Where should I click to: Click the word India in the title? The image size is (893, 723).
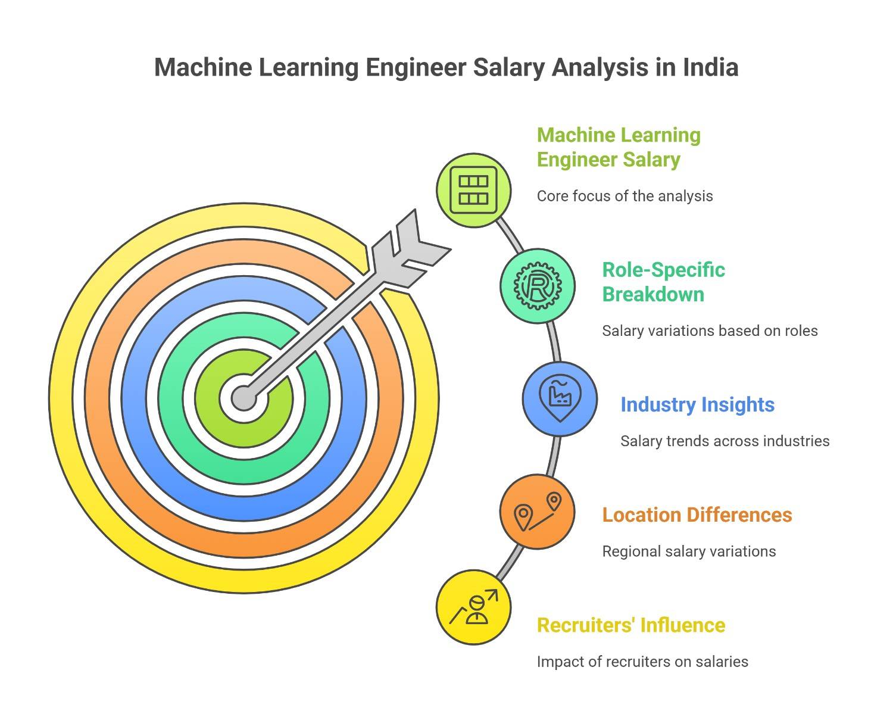click(x=711, y=67)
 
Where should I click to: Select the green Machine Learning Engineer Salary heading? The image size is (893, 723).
click(x=619, y=147)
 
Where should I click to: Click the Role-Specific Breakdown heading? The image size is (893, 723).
click(x=663, y=282)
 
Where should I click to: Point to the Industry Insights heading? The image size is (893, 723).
click(x=697, y=405)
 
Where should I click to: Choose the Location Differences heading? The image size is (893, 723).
click(x=697, y=515)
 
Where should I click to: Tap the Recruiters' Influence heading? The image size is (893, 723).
click(x=631, y=625)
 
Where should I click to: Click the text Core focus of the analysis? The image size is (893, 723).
click(x=625, y=197)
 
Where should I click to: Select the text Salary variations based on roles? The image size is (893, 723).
click(x=710, y=331)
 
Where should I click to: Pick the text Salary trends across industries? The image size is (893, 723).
click(x=725, y=441)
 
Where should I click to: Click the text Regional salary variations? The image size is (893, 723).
click(x=689, y=551)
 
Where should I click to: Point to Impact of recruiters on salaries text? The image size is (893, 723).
click(x=642, y=662)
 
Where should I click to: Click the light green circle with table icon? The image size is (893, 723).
click(x=474, y=191)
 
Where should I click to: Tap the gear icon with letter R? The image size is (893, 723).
click(x=538, y=286)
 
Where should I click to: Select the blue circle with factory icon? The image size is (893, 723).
click(x=560, y=398)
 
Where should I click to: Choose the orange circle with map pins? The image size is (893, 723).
click(x=538, y=512)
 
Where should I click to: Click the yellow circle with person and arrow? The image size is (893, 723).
click(x=474, y=607)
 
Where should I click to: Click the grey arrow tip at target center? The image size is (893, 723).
click(x=244, y=398)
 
